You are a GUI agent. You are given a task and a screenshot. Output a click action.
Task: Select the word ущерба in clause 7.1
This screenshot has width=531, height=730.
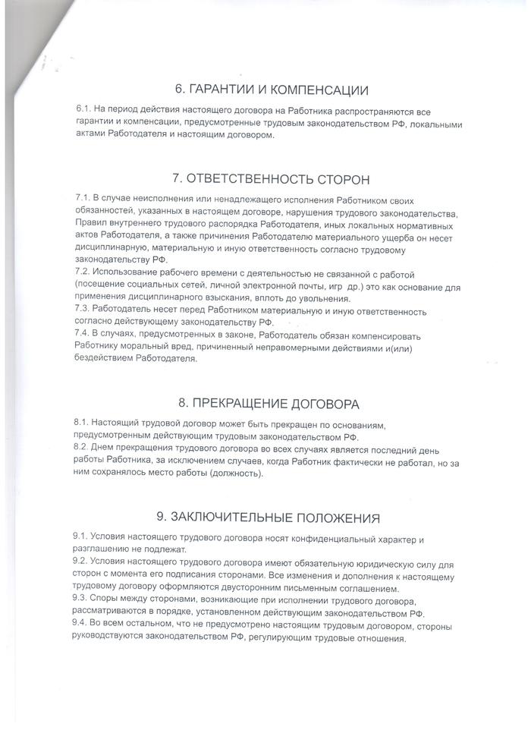point(365,237)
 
